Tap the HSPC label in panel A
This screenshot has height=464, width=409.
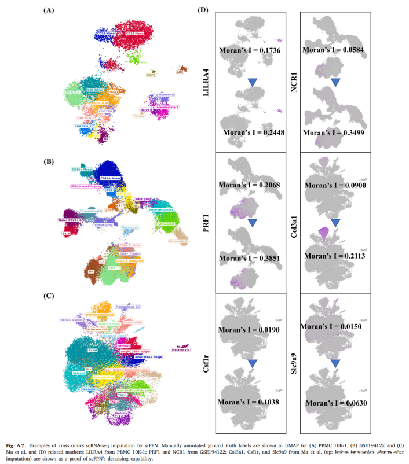pyautogui.click(x=151, y=75)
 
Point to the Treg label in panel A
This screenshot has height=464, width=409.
pyautogui.click(x=114, y=90)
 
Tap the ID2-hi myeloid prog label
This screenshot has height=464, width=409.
pyautogui.click(x=86, y=187)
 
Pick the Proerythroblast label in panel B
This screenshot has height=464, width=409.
pyautogui.click(x=161, y=193)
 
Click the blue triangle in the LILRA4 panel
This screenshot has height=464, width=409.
pyautogui.click(x=251, y=83)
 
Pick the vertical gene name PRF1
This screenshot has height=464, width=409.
pyautogui.click(x=207, y=223)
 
